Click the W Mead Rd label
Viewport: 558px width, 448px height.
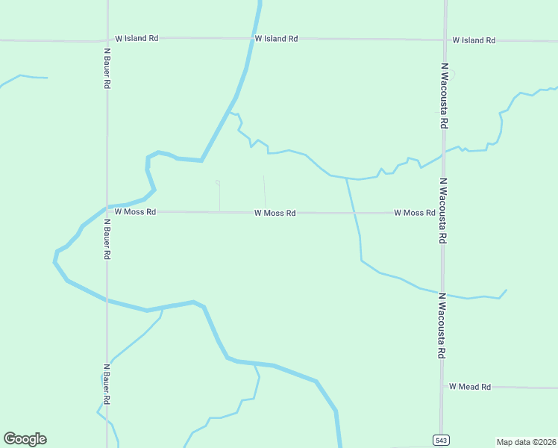click(x=470, y=387)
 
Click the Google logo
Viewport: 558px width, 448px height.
click(x=25, y=439)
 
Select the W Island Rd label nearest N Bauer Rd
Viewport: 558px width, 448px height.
click(x=137, y=38)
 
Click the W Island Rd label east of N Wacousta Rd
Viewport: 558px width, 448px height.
click(x=474, y=40)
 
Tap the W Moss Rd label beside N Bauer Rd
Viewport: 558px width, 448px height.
click(x=135, y=212)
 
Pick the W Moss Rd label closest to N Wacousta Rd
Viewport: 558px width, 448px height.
click(x=415, y=213)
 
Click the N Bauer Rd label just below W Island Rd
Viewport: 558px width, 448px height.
click(x=107, y=69)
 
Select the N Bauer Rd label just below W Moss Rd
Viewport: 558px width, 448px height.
click(x=107, y=239)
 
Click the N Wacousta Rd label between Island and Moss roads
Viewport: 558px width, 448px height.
click(x=445, y=96)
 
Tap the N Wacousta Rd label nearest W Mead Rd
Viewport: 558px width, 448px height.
click(x=442, y=326)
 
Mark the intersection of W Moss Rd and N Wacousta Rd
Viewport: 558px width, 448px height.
click(x=443, y=213)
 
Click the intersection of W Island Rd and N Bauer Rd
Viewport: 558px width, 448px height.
click(x=107, y=40)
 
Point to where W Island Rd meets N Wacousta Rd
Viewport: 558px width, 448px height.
click(x=445, y=40)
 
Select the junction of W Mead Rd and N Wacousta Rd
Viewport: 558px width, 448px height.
click(x=442, y=387)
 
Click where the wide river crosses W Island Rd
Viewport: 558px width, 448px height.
click(x=254, y=39)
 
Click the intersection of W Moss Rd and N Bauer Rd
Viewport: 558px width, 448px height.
click(x=107, y=211)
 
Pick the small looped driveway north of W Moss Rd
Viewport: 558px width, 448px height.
click(x=218, y=183)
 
